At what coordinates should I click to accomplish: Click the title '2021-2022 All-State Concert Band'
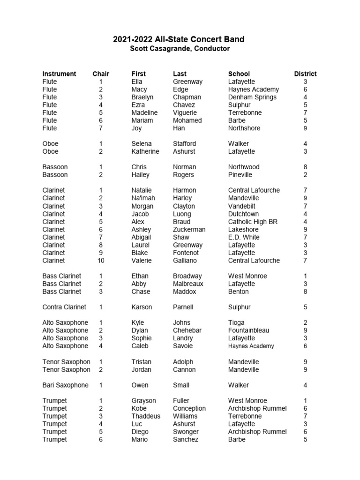(179, 39)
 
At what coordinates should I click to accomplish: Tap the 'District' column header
(305, 74)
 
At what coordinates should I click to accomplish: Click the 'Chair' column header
(101, 74)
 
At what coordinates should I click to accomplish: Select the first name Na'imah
(142, 198)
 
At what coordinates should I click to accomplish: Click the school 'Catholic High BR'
(253, 221)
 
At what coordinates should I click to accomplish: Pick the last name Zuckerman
(189, 229)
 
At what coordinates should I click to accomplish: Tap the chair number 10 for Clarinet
(101, 260)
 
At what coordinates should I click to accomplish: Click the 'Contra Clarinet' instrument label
(64, 307)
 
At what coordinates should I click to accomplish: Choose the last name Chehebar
(187, 330)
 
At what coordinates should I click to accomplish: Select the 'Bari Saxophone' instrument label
(65, 385)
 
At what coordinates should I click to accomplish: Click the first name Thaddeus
(146, 416)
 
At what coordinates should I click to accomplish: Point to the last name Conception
(189, 408)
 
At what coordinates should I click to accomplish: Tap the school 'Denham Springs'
(252, 97)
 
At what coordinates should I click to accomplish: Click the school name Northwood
(244, 167)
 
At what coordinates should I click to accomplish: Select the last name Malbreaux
(187, 284)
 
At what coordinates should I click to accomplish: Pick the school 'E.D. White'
(244, 237)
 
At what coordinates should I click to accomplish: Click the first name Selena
(142, 143)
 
